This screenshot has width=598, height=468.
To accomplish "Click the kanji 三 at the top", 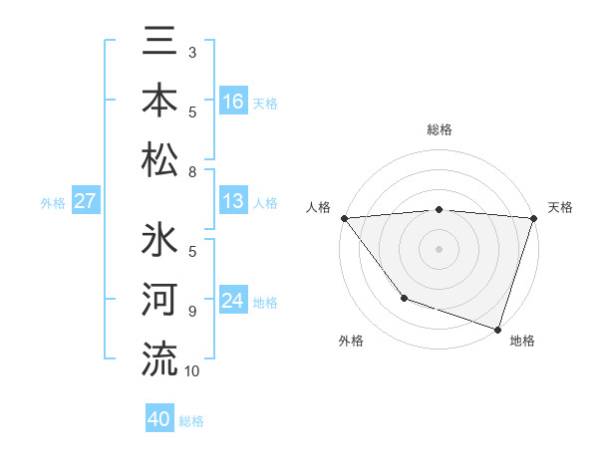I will coord(160,43).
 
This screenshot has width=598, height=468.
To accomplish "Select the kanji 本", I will coord(160,101).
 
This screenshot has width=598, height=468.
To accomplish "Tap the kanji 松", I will coord(160,158).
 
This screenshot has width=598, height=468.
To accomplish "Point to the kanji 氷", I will coord(160,242).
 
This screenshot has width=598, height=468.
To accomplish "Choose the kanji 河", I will coord(160,300).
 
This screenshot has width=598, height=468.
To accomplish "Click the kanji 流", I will coord(160,357).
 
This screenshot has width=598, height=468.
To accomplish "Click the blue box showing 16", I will coord(233,102).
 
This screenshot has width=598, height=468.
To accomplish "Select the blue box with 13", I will coord(233,202).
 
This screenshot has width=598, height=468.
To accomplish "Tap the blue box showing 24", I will coord(233,301).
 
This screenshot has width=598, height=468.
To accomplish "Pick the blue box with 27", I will coord(86,202).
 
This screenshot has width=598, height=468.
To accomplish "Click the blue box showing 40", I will coord(159,420).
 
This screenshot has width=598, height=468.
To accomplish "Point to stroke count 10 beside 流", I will coord(192,371).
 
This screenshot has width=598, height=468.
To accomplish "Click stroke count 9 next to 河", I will coord(192,312).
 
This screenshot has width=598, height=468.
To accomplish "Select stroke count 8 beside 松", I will coord(192,172).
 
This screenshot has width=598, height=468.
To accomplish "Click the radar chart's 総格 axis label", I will coord(440,130).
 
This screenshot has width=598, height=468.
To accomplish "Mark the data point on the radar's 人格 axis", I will coord(344,217).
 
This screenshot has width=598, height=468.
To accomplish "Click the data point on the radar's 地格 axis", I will coord(497,329).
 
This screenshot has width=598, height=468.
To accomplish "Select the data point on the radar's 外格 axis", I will coord(404,298).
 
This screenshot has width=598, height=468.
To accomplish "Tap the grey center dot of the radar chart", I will coord(440,248).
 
